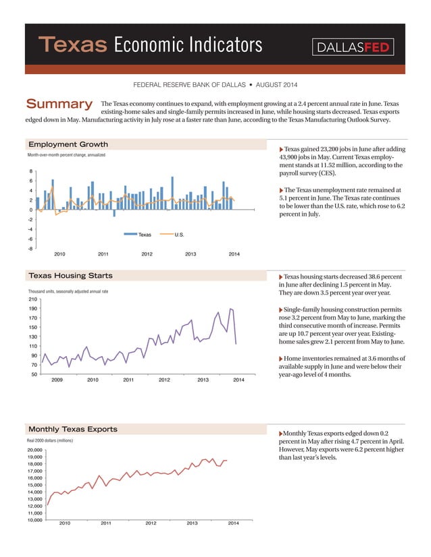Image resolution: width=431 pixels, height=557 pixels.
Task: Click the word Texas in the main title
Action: [74, 45]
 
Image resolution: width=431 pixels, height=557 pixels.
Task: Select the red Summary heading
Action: [58, 104]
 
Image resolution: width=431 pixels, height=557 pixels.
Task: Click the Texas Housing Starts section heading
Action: [70, 275]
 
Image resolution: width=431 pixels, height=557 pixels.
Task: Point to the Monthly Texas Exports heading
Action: [72, 429]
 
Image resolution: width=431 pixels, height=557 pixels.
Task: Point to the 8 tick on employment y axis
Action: [30, 171]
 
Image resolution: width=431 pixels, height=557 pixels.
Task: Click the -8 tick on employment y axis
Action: [29, 248]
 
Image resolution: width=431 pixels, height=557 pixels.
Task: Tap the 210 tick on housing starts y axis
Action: [32, 299]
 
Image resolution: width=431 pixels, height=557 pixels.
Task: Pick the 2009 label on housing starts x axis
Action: [57, 380]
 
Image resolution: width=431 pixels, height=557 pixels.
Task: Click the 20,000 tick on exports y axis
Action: [34, 450]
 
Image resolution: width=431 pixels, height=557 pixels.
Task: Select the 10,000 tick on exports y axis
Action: [34, 520]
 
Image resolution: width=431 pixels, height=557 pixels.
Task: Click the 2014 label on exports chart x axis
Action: [234, 523]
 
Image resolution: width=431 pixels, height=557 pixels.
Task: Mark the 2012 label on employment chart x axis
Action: [147, 254]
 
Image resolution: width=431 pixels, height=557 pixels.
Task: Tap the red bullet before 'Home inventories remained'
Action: [281, 358]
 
